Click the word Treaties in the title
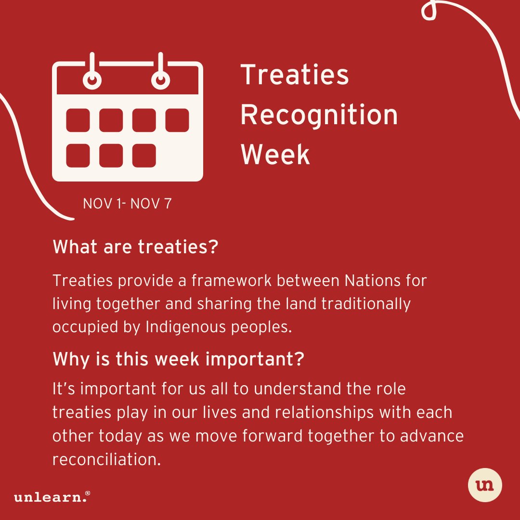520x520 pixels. (295, 75)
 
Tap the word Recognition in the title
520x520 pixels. (319, 115)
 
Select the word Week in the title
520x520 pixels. (275, 155)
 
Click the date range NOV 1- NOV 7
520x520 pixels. (127, 204)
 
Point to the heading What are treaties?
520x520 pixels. (135, 247)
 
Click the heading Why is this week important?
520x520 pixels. (178, 359)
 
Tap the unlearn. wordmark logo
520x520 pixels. (52, 497)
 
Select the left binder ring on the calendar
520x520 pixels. (92, 79)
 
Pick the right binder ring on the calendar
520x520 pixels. (160, 79)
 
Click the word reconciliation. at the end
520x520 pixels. (106, 459)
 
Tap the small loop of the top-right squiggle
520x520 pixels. (429, 12)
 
